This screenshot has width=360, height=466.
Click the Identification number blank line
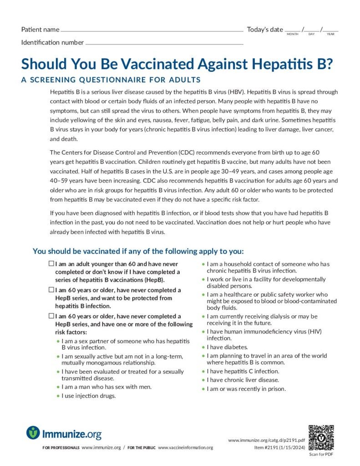pos(164,44)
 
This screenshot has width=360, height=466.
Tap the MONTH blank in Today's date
pos(293,30)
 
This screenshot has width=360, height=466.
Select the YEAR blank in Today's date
pos(331,30)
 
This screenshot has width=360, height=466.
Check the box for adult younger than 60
pos(51,264)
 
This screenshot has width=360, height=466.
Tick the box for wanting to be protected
pos(51,290)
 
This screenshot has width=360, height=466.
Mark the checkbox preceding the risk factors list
pos(51,316)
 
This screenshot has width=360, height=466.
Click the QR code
pos(321,437)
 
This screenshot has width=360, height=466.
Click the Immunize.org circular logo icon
pos(33,432)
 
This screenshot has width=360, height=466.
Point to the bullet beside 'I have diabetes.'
pos(203,347)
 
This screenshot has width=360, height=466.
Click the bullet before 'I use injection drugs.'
pos(57,396)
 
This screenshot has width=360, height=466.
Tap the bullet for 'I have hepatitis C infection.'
pos(203,372)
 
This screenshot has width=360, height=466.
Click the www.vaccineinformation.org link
pos(185,448)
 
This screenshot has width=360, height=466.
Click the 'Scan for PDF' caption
pos(320,454)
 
